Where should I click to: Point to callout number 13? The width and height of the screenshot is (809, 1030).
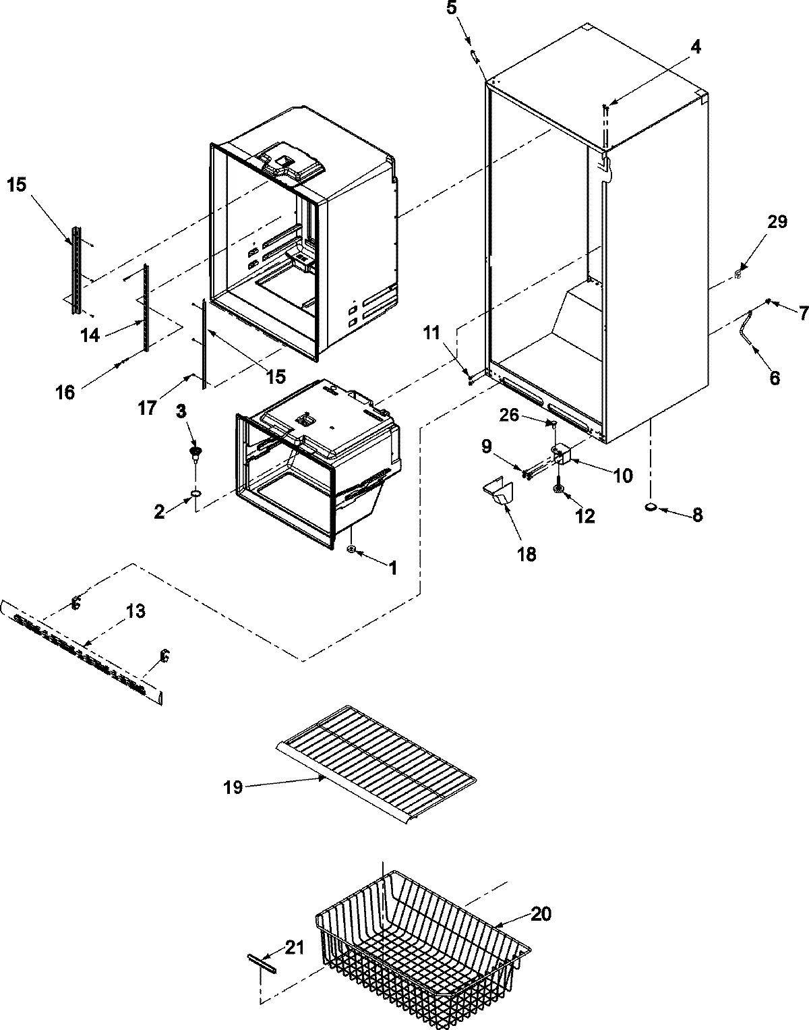[x=135, y=611]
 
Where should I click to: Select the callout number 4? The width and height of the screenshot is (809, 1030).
[x=695, y=47]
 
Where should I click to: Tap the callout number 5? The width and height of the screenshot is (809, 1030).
[x=471, y=10]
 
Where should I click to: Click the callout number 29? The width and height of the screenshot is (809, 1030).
[x=777, y=222]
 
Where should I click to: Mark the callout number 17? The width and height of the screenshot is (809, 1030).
[x=148, y=407]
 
